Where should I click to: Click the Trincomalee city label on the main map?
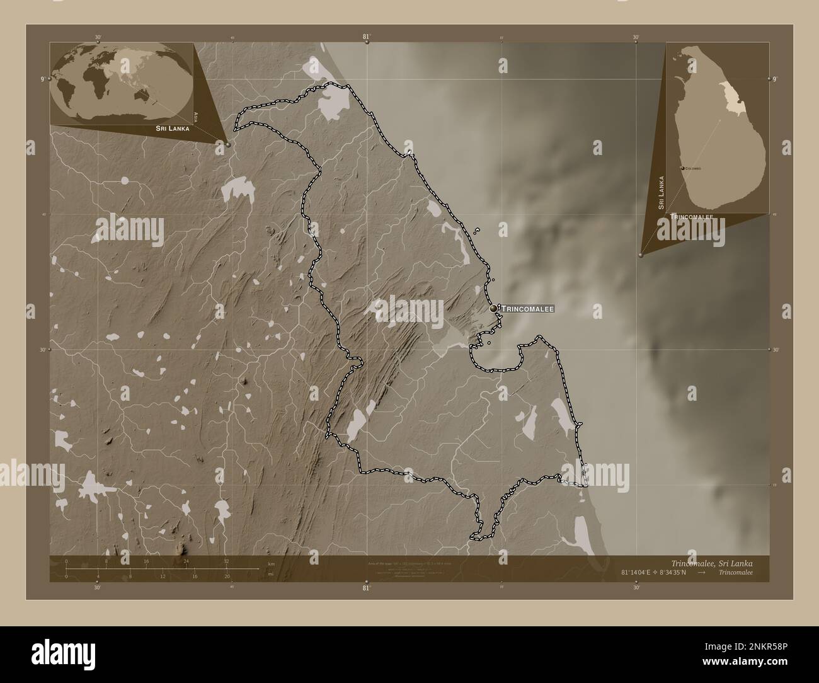coord(528,309)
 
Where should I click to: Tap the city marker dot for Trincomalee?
coord(493,308)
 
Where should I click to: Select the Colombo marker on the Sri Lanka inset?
coord(683,168)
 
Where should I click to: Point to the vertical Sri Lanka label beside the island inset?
coord(661,193)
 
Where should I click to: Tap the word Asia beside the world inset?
coord(197,117)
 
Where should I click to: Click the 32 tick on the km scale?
coord(226,561)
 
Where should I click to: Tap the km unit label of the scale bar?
coord(272,563)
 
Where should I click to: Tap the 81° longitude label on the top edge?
coord(366,37)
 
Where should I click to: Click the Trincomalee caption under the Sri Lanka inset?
coord(692,217)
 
